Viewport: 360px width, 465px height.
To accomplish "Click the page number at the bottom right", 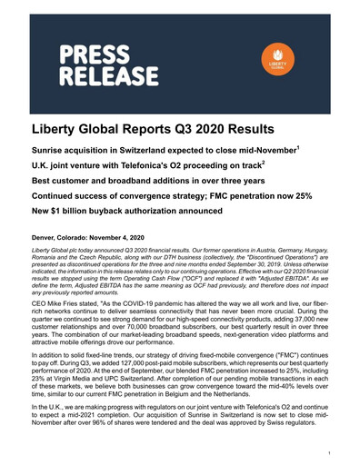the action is coord(339,450).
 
